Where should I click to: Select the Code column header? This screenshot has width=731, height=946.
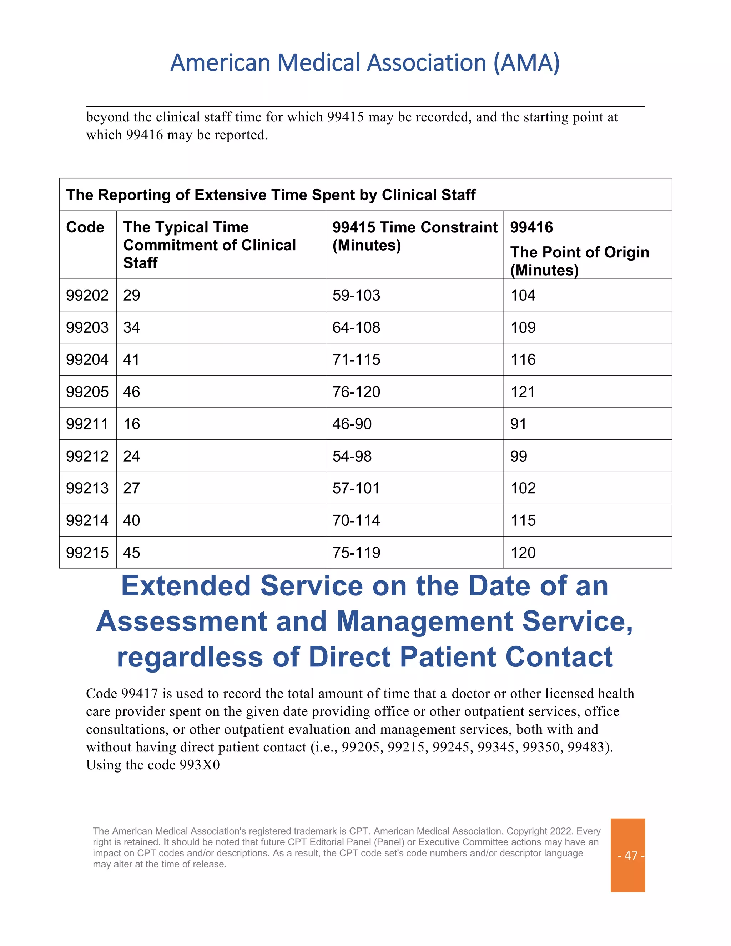tap(85, 227)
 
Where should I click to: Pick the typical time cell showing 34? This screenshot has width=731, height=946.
tap(131, 327)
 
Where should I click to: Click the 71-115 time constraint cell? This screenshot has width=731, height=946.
tap(356, 359)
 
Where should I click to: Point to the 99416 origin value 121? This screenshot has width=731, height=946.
tap(523, 392)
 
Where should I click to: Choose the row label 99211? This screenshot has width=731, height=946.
tap(87, 424)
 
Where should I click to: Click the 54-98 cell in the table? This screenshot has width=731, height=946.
tap(352, 456)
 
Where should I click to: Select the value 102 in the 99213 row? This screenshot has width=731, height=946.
tap(523, 488)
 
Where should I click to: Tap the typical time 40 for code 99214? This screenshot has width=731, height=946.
tap(131, 520)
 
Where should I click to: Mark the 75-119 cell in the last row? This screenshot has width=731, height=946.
tap(356, 553)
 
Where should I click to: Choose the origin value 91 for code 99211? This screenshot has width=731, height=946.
tap(518, 424)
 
